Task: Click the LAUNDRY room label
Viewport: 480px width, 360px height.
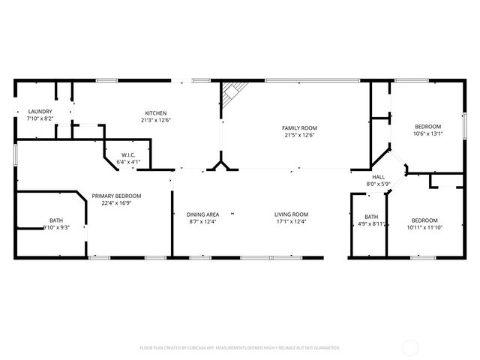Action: [40, 112]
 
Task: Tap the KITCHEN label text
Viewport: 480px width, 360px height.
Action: [155, 113]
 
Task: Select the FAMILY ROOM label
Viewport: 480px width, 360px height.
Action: [299, 128]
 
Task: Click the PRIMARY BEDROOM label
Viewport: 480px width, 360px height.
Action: [116, 196]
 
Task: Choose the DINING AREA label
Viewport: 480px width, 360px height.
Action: [202, 214]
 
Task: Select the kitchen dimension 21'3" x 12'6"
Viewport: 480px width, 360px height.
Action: [155, 120]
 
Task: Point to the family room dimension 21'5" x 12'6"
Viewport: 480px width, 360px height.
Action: [299, 135]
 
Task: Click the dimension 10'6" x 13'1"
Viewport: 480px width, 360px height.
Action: [428, 133]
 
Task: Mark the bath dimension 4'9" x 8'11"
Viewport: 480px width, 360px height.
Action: [370, 223]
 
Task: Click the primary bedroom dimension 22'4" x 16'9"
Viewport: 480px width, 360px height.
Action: [116, 202]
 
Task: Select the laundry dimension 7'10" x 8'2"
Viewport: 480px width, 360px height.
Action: [40, 118]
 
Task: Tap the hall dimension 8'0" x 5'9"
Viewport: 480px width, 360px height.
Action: [378, 184]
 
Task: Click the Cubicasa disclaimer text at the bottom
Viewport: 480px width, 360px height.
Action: [240, 348]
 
